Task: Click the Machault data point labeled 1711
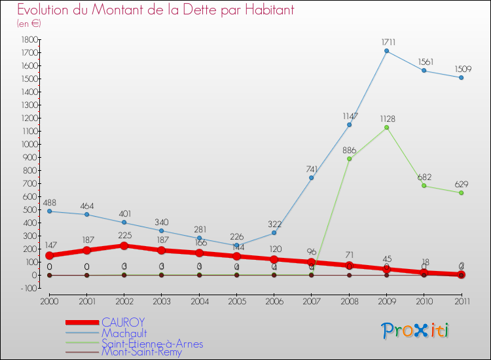point(386,51)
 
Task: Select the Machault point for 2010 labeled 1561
point(424,71)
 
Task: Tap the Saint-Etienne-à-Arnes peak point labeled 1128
point(386,127)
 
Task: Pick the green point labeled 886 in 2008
point(349,159)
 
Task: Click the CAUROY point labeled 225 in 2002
point(124,245)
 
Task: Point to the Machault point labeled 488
point(49,211)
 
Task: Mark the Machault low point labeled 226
point(236,245)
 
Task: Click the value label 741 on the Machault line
point(311,169)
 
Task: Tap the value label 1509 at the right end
point(462,68)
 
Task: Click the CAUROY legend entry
point(122,322)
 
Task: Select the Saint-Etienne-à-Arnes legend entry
point(152,344)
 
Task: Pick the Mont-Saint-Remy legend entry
point(141,353)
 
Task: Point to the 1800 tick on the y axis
point(27,39)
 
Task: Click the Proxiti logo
point(416,331)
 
